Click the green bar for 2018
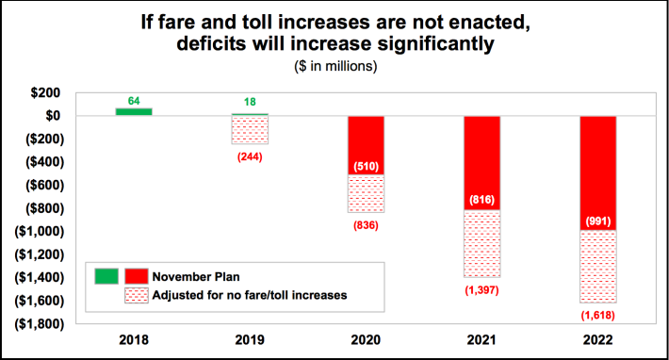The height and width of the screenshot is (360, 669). [134, 111]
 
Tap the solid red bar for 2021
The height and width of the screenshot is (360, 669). [482, 151]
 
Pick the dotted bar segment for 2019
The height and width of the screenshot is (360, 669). [250, 130]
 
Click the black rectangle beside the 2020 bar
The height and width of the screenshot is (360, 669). [334, 210]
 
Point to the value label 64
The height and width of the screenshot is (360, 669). [134, 100]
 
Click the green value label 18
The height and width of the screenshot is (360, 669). [250, 102]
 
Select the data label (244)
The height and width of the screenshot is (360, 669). [250, 156]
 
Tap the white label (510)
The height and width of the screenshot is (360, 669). [366, 167]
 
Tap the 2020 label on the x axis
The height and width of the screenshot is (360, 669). [366, 340]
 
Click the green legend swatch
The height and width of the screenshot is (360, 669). [107, 276]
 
